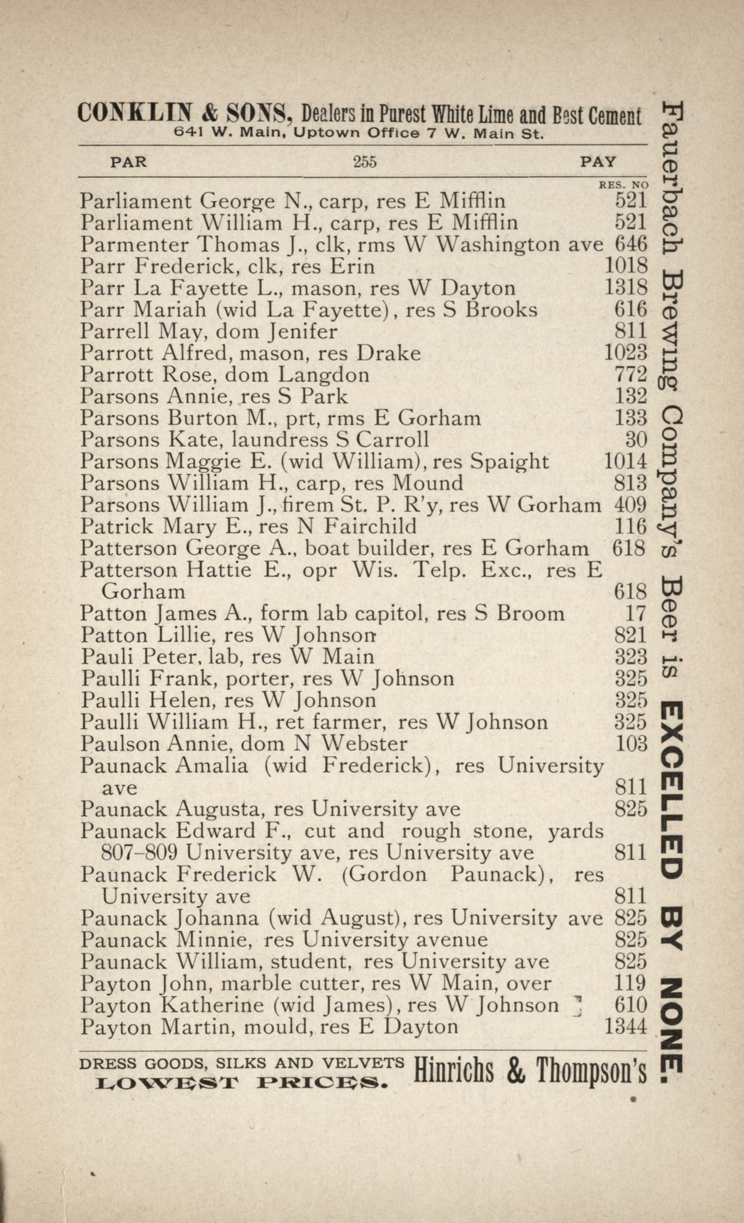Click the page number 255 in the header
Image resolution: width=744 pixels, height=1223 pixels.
365,161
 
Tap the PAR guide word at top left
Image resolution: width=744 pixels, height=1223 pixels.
129,161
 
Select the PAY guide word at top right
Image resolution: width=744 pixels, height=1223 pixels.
598,161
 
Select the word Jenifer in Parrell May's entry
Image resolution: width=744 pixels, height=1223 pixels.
303,332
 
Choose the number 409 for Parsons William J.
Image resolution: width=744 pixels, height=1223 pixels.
630,505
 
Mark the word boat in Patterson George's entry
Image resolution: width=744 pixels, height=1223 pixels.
326,549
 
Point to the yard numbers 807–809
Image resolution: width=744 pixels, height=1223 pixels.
139,853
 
